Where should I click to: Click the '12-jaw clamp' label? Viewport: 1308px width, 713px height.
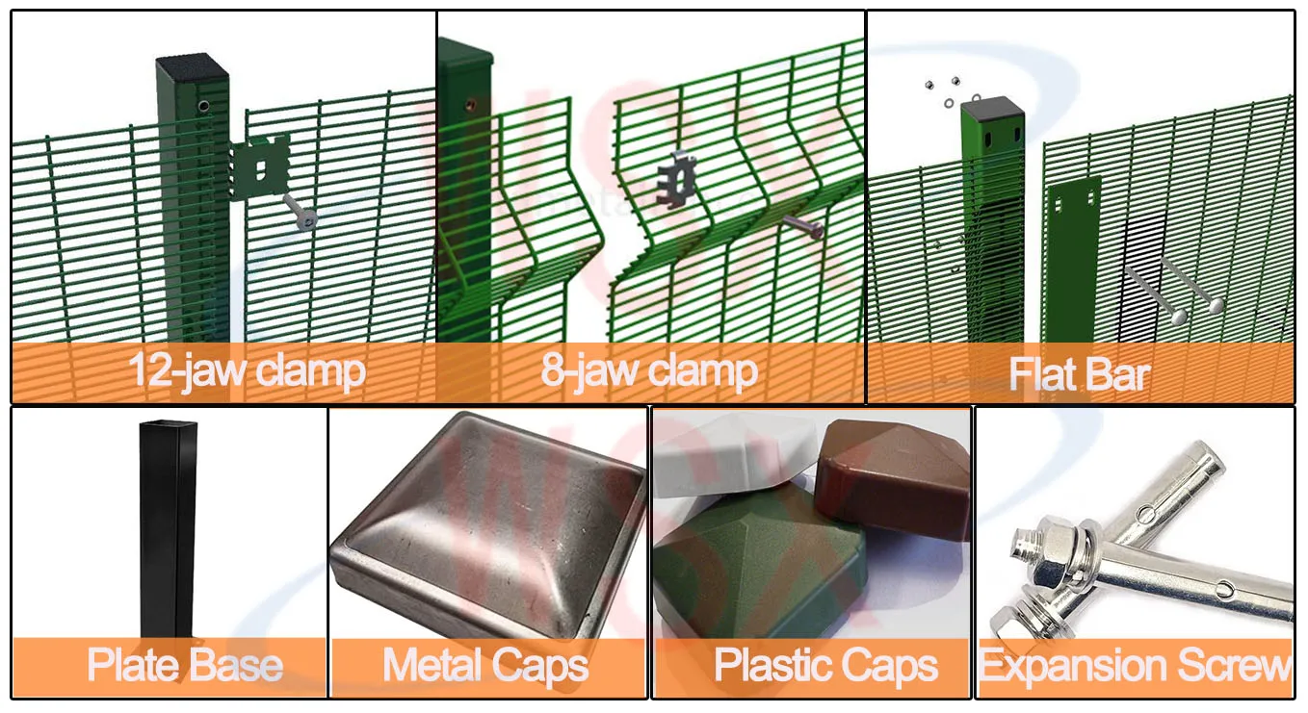pos(247,371)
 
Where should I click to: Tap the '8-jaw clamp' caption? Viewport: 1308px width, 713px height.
pos(649,371)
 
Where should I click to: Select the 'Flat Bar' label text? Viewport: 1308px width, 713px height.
pos(1079,374)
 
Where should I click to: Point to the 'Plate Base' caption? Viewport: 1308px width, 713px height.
pos(185,665)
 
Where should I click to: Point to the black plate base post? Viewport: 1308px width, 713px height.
pos(168,529)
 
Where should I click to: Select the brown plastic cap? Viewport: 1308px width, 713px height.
pos(891,476)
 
